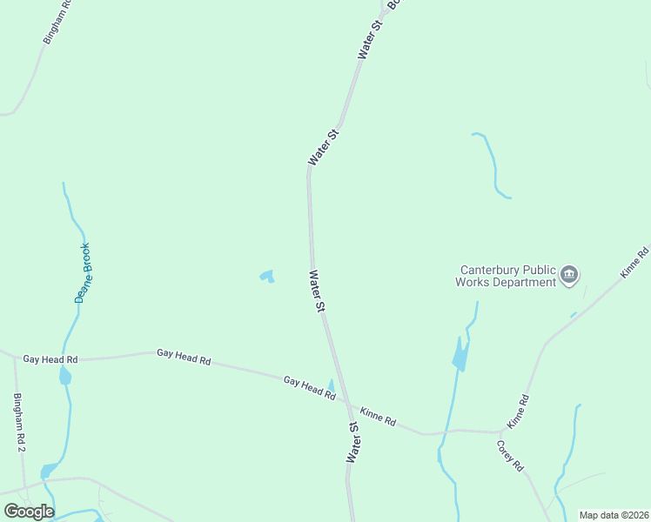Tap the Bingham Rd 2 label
click(19, 422)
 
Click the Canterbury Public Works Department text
click(507, 276)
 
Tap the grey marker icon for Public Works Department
click(569, 276)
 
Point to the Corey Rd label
click(510, 456)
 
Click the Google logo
click(29, 512)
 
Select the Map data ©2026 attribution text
click(614, 515)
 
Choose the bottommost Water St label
click(353, 442)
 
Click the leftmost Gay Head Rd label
click(50, 358)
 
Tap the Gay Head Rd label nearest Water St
click(310, 388)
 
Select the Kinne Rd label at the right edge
click(635, 263)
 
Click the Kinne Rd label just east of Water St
click(378, 416)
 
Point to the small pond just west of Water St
click(267, 277)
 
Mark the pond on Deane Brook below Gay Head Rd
click(64, 377)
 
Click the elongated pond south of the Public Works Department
click(460, 355)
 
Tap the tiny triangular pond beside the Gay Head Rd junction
click(331, 387)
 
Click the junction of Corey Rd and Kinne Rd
click(502, 431)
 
